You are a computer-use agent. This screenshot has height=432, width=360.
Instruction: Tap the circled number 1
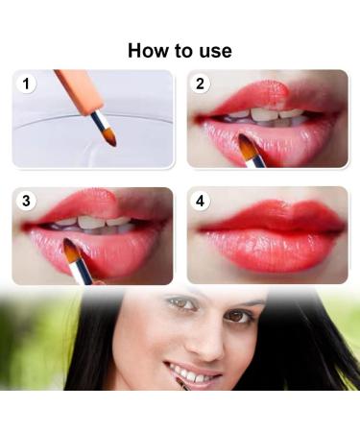(26, 84)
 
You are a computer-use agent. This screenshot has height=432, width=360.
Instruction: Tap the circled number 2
(200, 84)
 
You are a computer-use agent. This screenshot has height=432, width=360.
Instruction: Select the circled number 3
(26, 201)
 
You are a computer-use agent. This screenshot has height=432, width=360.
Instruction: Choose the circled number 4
(200, 201)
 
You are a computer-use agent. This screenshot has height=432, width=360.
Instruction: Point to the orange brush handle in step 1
(76, 91)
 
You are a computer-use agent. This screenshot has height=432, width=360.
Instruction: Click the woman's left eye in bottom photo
(238, 316)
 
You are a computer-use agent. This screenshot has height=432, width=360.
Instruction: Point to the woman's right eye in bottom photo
(181, 302)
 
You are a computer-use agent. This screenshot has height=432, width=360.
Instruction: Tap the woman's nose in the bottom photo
(204, 344)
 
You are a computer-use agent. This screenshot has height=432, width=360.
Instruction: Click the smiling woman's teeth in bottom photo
(189, 374)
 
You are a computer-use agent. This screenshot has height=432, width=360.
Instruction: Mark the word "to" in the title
(183, 52)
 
